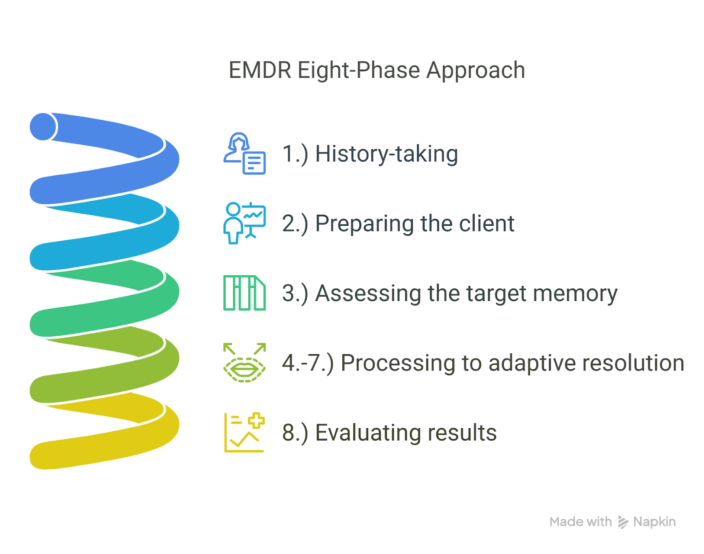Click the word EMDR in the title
pyautogui.click(x=260, y=70)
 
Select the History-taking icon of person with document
pyautogui.click(x=244, y=153)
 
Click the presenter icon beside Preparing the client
pyautogui.click(x=244, y=223)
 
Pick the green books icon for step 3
pyautogui.click(x=244, y=293)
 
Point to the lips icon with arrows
pyautogui.click(x=244, y=363)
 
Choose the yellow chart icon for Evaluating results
pyautogui.click(x=244, y=432)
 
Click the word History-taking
pyautogui.click(x=386, y=154)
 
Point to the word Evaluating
pyautogui.click(x=368, y=433)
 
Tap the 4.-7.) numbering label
pyautogui.click(x=308, y=363)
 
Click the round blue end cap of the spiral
pyautogui.click(x=43, y=127)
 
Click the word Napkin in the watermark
pyautogui.click(x=654, y=522)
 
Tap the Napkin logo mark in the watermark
pyautogui.click(x=623, y=522)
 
